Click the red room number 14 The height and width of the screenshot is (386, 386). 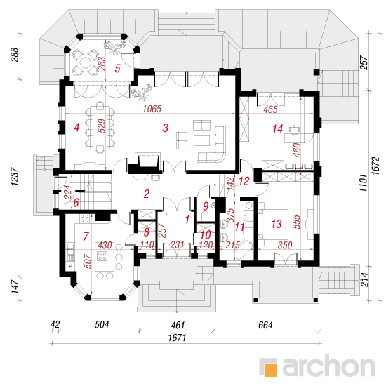(x=278, y=128)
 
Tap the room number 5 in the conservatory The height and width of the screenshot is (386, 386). (x=117, y=69)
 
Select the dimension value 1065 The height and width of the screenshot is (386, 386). (x=152, y=109)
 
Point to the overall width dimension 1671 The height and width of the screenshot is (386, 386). (x=177, y=338)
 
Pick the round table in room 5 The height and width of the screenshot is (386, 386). (x=85, y=62)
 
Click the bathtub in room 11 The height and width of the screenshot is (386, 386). (x=244, y=250)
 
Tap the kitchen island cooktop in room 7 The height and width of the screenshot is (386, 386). (x=102, y=255)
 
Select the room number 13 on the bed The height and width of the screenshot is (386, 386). (x=277, y=224)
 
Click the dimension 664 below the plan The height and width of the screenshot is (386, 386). (x=265, y=325)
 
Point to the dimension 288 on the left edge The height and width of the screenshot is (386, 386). (x=15, y=55)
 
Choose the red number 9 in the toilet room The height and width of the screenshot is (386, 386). (x=206, y=206)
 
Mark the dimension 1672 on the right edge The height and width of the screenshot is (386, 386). (x=376, y=166)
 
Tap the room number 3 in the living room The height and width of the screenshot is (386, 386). (x=166, y=128)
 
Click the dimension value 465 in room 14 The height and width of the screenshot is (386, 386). (x=270, y=109)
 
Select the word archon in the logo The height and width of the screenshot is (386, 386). (x=329, y=366)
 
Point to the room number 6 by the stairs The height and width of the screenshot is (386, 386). (x=76, y=203)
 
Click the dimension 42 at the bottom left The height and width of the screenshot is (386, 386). (x=55, y=324)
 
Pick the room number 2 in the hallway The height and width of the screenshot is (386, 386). (x=146, y=194)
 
